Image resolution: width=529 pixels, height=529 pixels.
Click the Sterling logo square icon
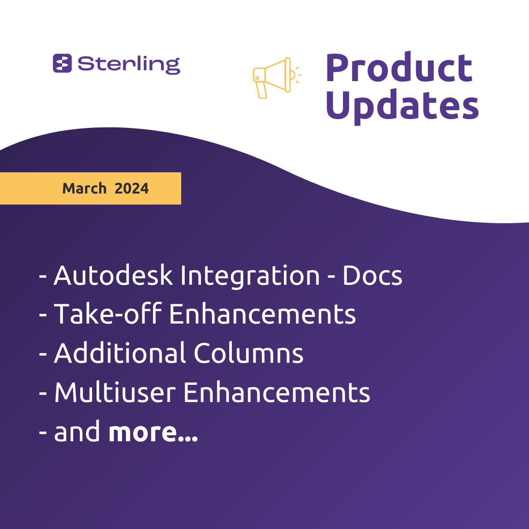(62, 63)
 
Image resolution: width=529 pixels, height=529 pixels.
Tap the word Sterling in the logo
(129, 65)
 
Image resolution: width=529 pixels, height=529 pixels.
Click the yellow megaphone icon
(277, 78)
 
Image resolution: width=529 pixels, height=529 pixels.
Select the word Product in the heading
(399, 67)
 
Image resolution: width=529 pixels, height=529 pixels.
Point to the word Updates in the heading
(402, 106)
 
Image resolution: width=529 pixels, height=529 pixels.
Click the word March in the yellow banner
(84, 188)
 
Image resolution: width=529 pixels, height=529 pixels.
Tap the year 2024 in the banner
(131, 189)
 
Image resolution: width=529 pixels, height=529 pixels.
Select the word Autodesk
(113, 276)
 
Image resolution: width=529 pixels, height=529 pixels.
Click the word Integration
(250, 276)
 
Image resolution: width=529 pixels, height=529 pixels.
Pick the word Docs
(372, 276)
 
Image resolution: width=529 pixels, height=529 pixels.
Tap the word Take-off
(108, 313)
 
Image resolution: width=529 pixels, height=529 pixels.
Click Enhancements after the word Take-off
(262, 314)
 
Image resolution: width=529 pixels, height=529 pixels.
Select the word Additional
(120, 353)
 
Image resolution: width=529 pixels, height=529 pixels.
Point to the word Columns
(249, 353)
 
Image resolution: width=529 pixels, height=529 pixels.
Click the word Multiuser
(115, 392)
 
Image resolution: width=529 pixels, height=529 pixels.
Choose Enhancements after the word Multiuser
(276, 392)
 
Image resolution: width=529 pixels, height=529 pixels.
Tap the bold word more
(153, 432)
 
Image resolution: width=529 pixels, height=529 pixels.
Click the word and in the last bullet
(77, 431)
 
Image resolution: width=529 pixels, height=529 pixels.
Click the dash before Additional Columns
(43, 354)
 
